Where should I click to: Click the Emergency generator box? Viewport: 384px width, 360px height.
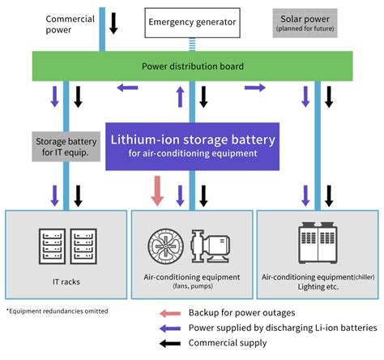pos(192,22)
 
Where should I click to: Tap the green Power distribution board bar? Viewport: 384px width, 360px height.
pos(191,66)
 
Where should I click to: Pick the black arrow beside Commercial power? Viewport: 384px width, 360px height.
pos(114,23)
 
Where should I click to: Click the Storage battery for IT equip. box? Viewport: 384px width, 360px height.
pos(65,149)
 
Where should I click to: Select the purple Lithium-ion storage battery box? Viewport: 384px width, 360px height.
pos(192,144)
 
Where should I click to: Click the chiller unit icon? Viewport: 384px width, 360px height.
pos(317,241)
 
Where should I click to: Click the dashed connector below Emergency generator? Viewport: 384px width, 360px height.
pos(192,45)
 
